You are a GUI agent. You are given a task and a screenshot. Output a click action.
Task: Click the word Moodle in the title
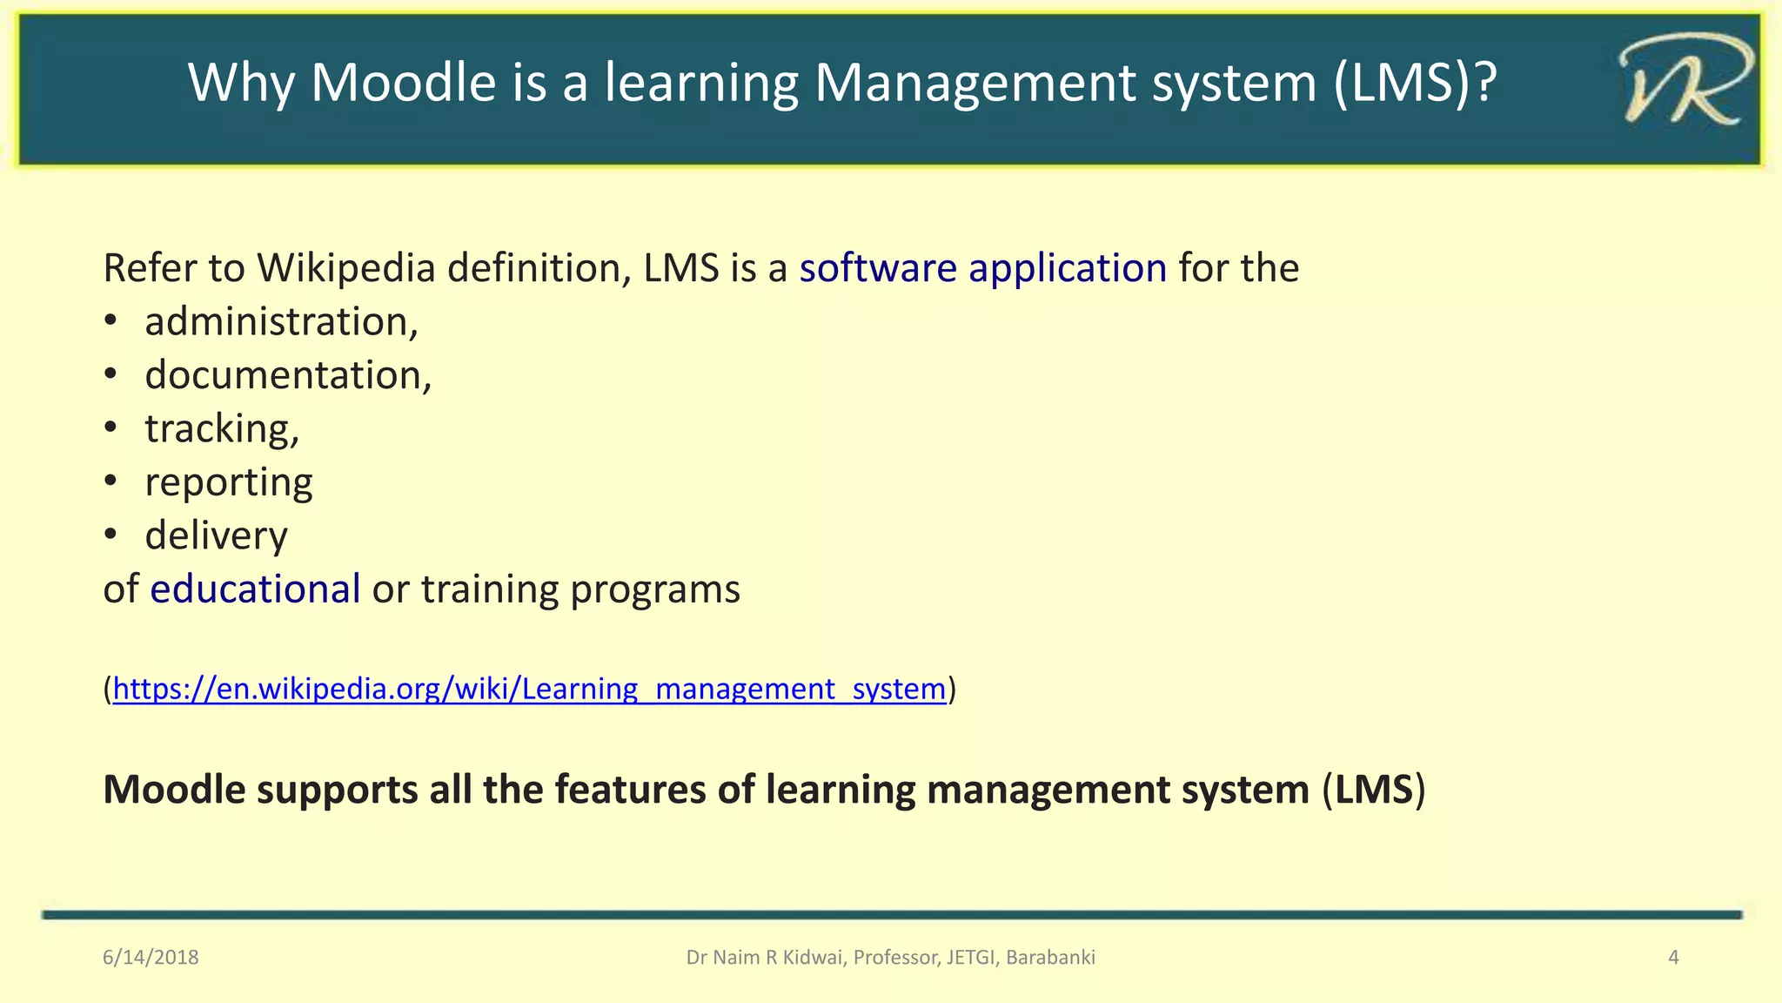(x=403, y=83)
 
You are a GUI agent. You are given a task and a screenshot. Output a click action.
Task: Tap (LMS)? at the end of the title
(x=1415, y=83)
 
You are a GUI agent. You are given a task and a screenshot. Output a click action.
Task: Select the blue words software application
(x=982, y=268)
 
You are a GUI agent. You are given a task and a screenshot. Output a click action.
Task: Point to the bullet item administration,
(x=281, y=322)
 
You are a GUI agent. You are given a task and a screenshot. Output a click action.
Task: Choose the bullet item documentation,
(x=288, y=375)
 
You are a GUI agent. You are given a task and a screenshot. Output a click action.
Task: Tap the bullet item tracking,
(x=222, y=429)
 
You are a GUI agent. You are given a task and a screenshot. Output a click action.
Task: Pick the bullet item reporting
(x=228, y=482)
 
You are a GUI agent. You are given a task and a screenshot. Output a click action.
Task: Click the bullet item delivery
(x=216, y=536)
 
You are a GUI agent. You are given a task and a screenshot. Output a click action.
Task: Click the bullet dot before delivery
(x=110, y=535)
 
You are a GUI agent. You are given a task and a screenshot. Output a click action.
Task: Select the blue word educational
(x=255, y=589)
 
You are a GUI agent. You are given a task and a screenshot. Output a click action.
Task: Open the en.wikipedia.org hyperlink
(x=529, y=689)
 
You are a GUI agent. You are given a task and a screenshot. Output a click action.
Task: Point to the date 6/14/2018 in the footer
(x=151, y=958)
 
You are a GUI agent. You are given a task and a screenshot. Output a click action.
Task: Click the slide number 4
(x=1672, y=958)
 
